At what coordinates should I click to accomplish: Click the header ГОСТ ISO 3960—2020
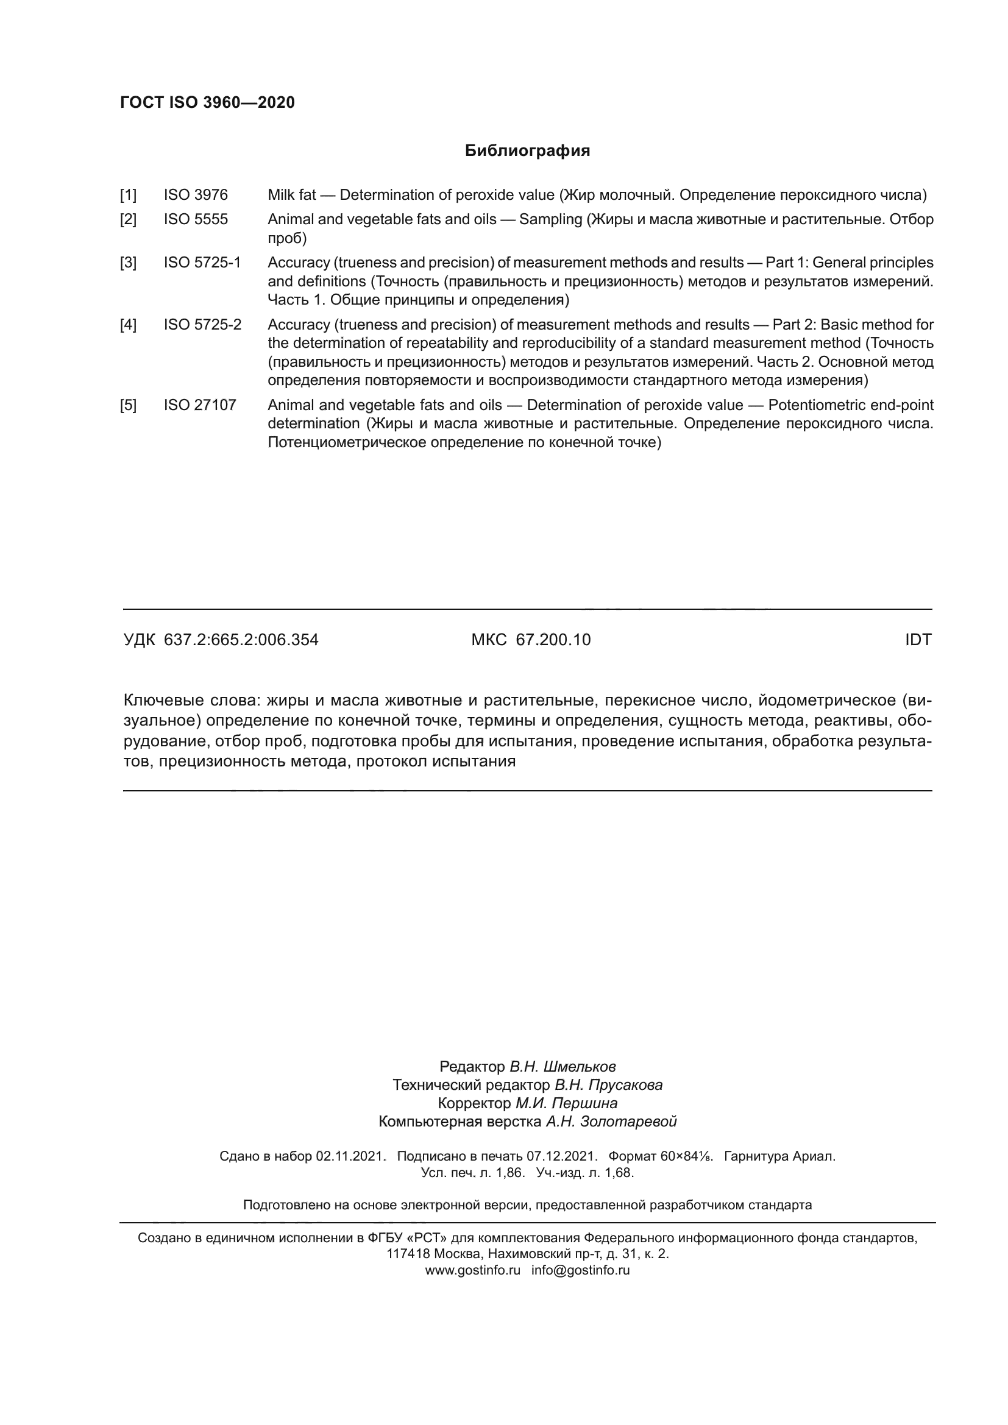(x=207, y=102)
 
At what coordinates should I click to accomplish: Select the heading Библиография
(x=527, y=151)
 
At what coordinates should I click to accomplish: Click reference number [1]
(x=128, y=196)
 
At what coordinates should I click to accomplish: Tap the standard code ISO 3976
(x=196, y=196)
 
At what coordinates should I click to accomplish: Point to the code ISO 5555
(x=196, y=220)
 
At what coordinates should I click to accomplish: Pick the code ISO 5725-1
(x=202, y=263)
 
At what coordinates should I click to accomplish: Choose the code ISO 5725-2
(x=202, y=325)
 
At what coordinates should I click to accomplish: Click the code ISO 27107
(x=200, y=405)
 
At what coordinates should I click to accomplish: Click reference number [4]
(x=128, y=325)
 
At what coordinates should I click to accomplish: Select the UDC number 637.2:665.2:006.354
(x=241, y=640)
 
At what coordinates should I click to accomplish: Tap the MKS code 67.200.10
(x=553, y=640)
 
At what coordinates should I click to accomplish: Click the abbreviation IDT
(x=918, y=640)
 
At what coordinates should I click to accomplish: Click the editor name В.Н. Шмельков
(x=563, y=1067)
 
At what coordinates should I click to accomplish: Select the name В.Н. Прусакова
(x=608, y=1085)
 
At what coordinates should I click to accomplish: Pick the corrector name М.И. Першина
(x=566, y=1103)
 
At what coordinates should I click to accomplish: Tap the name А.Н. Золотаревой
(x=611, y=1122)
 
